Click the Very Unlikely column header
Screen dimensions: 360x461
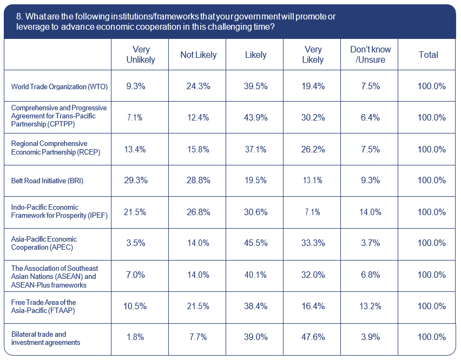[140, 55]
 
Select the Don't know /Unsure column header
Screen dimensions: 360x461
[371, 55]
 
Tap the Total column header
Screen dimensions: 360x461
[428, 55]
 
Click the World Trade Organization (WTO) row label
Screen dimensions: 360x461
[60, 86]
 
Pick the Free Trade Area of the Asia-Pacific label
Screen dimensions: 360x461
[44, 306]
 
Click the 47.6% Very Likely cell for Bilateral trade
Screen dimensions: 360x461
[313, 337]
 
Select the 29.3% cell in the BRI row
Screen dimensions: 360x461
[136, 181]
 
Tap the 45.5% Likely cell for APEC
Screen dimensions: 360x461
[256, 243]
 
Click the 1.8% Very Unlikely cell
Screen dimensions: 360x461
[136, 337]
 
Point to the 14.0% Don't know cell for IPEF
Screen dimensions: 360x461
[371, 212]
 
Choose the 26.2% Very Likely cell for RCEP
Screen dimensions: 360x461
[313, 149]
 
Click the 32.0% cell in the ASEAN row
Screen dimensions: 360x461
[313, 275]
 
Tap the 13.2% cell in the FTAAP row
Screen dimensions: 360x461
[371, 306]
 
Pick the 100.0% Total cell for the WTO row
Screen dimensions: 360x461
[431, 86]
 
